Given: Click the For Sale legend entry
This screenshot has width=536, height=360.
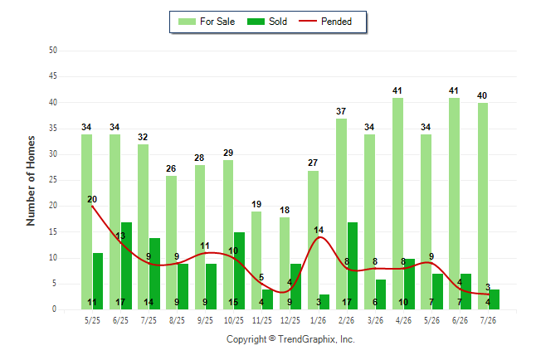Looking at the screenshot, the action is pyautogui.click(x=207, y=22).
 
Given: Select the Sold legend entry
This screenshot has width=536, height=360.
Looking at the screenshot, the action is pyautogui.click(x=267, y=22).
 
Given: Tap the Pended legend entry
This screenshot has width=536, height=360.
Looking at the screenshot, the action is pyautogui.click(x=325, y=22).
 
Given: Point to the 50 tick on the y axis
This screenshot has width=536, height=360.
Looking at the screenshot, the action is pyautogui.click(x=53, y=51).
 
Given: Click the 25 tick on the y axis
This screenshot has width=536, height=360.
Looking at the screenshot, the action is pyautogui.click(x=53, y=179).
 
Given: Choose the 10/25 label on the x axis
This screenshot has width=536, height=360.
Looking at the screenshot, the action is pyautogui.click(x=234, y=320).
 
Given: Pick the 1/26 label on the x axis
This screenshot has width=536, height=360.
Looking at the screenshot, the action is pyautogui.click(x=319, y=320).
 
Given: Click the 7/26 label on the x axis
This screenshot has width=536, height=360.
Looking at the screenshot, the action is pyautogui.click(x=488, y=320).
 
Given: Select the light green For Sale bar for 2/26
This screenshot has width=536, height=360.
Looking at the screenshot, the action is pyautogui.click(x=342, y=214).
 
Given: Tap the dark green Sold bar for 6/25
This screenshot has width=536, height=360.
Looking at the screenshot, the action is pyautogui.click(x=126, y=265).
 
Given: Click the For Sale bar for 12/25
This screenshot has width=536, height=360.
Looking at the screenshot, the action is pyautogui.click(x=285, y=263).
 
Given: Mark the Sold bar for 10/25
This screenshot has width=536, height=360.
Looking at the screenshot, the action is pyautogui.click(x=239, y=270).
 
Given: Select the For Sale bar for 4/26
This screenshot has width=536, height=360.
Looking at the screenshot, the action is pyautogui.click(x=398, y=204).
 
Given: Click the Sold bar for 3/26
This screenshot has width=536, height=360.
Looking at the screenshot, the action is pyautogui.click(x=381, y=294).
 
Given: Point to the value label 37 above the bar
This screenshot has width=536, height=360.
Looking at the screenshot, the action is pyautogui.click(x=341, y=111).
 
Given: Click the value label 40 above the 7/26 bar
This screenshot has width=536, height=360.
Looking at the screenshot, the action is pyautogui.click(x=482, y=95).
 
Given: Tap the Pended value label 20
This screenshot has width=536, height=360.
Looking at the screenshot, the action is pyautogui.click(x=92, y=199).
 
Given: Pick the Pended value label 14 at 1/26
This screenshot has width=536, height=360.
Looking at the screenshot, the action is pyautogui.click(x=319, y=230).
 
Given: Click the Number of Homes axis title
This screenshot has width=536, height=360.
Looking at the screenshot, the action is pyautogui.click(x=31, y=181).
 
